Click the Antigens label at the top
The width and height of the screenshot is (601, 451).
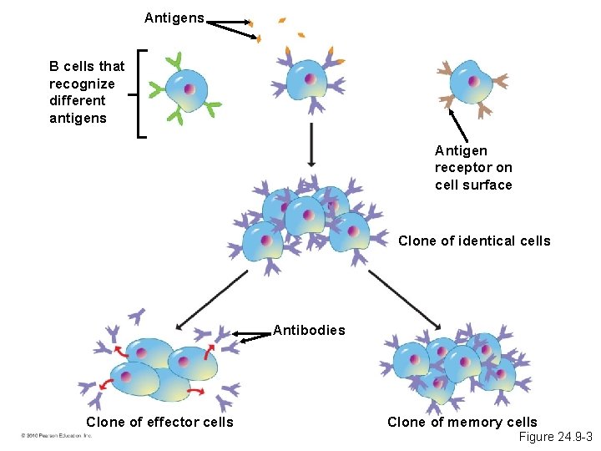coord(174,18)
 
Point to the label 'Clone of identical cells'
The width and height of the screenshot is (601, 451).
coord(474,241)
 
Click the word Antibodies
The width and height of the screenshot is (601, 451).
coord(309,330)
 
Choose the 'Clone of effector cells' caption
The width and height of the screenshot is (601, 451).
coord(159,423)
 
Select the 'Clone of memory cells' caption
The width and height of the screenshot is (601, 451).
coord(462,423)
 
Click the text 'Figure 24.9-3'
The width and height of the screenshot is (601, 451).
coord(555,438)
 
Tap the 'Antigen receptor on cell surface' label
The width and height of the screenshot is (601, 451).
coord(473,168)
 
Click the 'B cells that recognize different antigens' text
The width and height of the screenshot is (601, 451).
coord(87,92)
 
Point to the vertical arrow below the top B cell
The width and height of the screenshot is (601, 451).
coord(311,144)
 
